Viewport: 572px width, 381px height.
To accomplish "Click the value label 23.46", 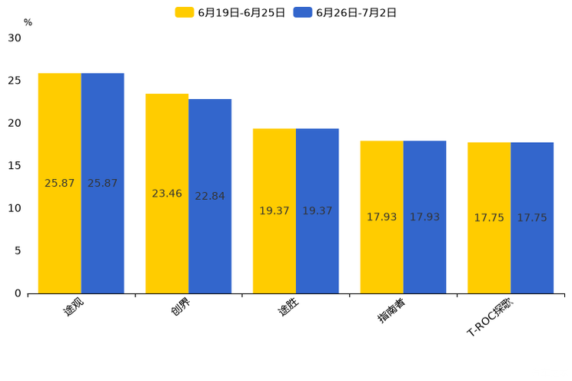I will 167,194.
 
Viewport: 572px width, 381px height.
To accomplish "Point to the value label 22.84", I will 210,196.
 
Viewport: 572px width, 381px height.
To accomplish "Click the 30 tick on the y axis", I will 15,38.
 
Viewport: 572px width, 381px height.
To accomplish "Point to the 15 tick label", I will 15,166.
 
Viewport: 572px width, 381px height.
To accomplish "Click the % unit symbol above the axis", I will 28,22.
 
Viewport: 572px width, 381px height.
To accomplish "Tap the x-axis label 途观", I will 73,307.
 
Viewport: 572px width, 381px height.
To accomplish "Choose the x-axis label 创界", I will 181,307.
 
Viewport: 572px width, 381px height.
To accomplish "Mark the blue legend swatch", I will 303,12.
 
